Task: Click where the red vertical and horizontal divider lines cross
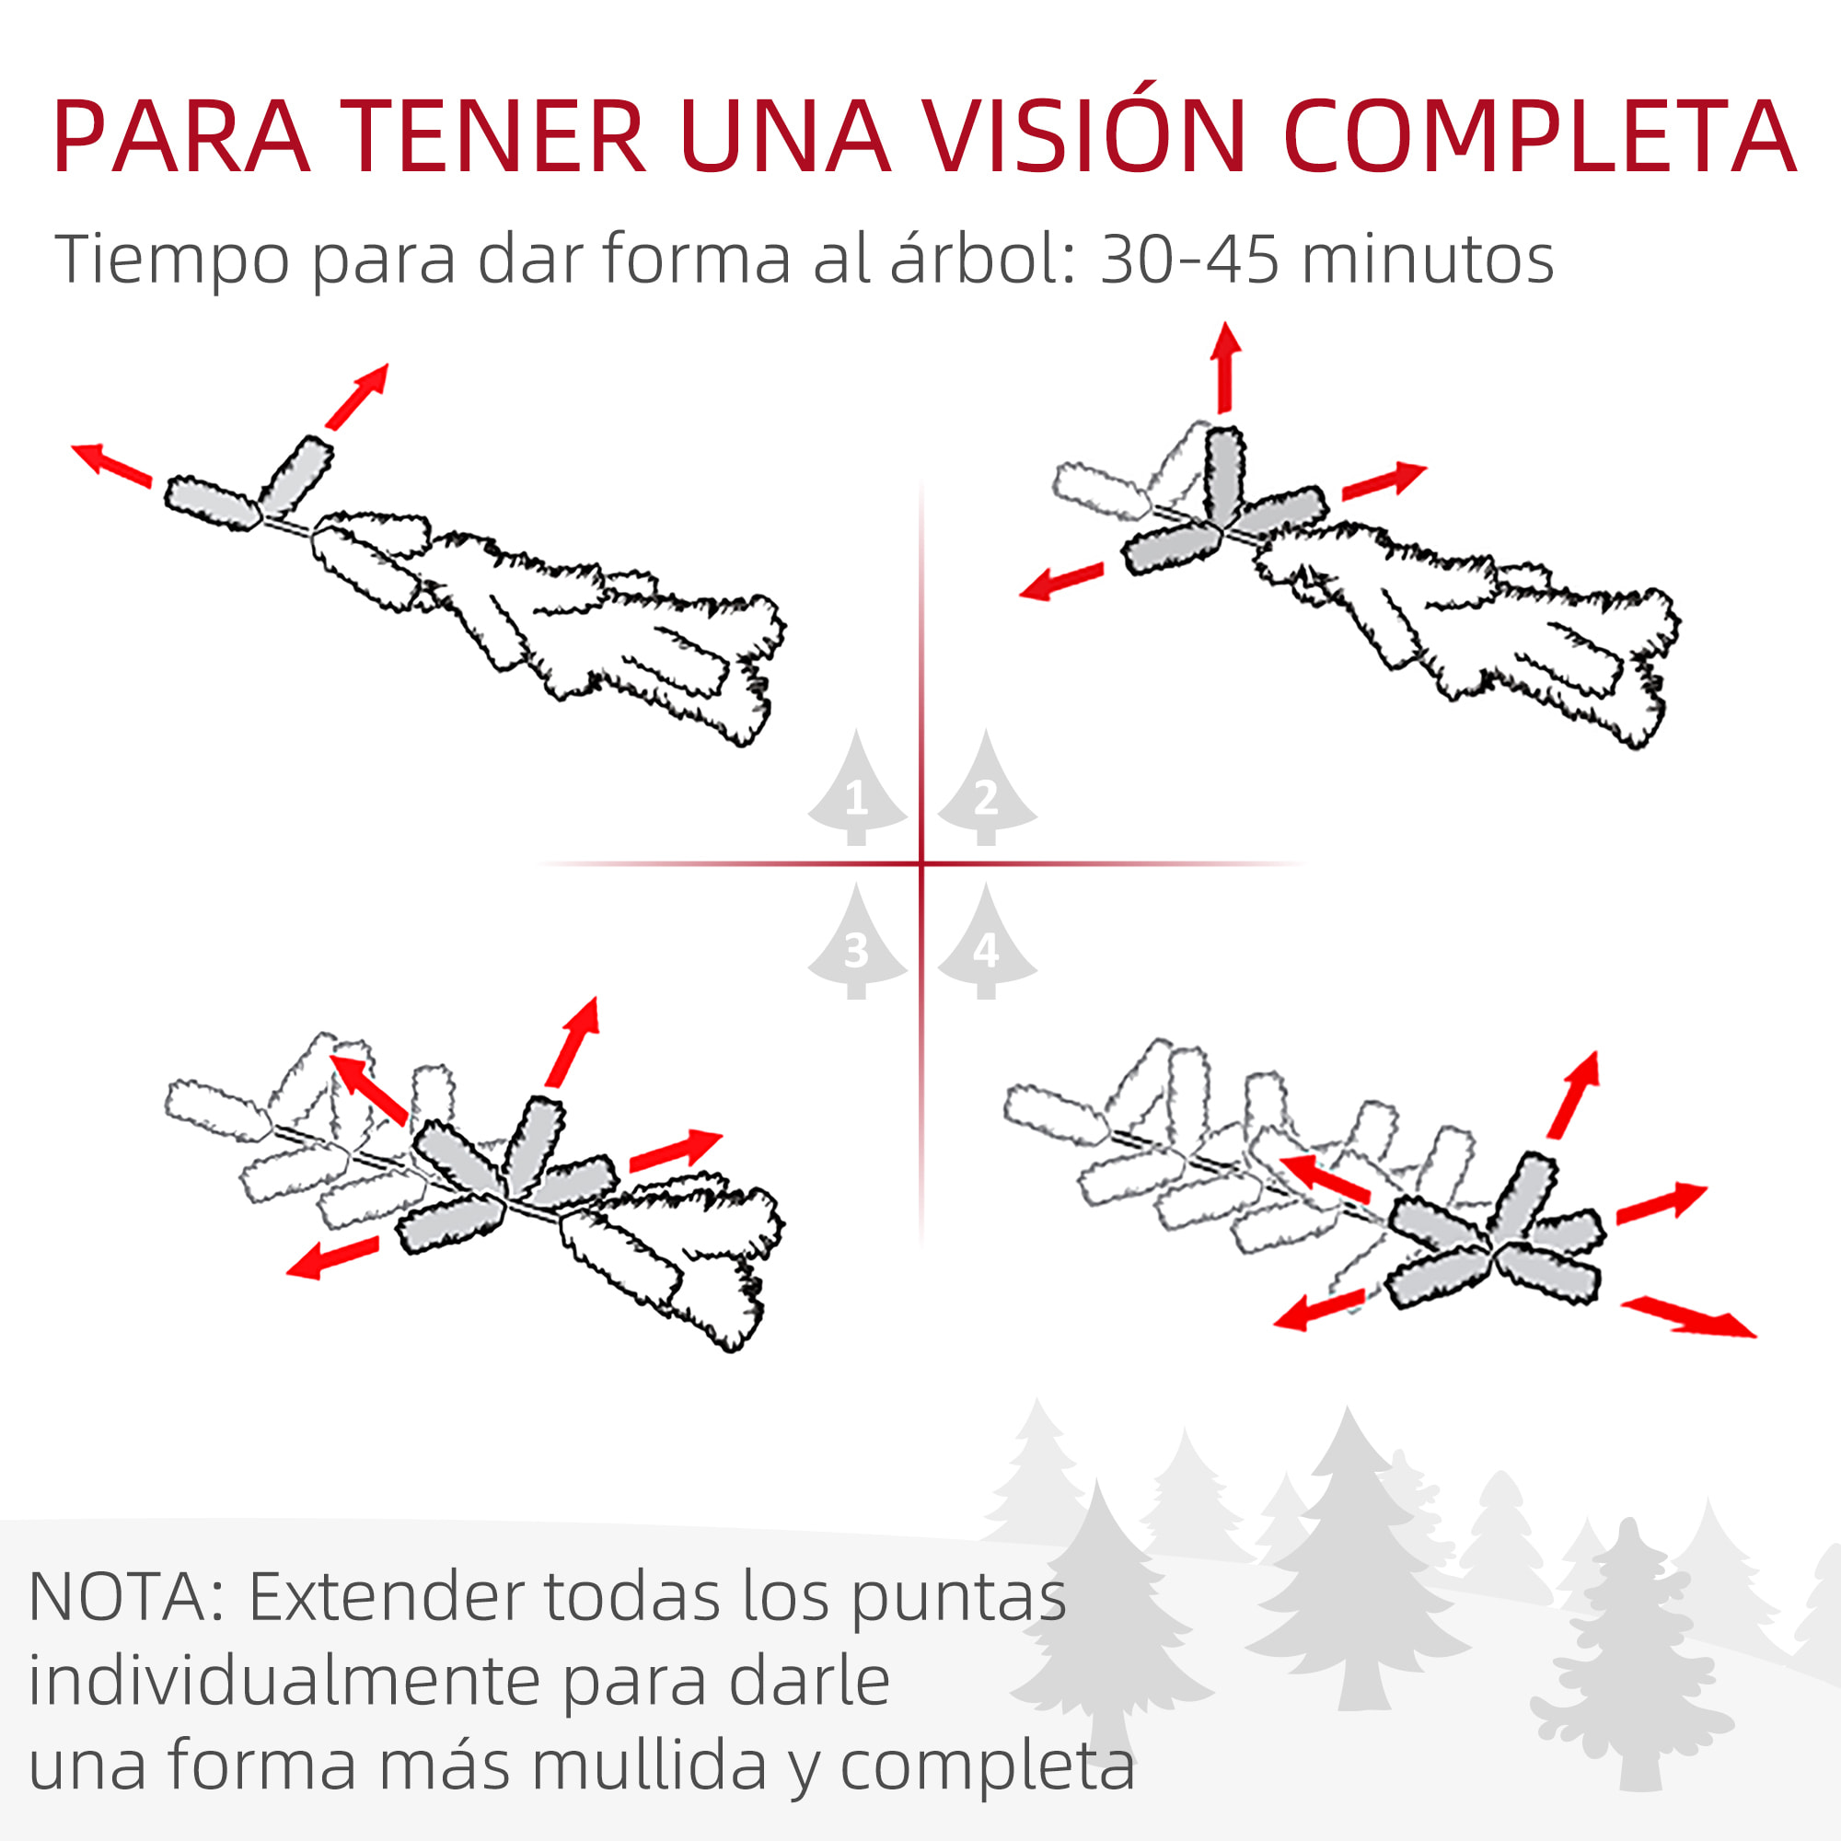pyautogui.click(x=921, y=863)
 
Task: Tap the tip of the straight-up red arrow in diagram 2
pyautogui.click(x=1226, y=322)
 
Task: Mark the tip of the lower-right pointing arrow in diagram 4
pyautogui.click(x=1756, y=1337)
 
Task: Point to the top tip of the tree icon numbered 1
pyautogui.click(x=856, y=729)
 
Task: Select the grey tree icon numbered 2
pyautogui.click(x=986, y=788)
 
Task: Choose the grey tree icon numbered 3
pyautogui.click(x=857, y=942)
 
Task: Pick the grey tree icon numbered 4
pyautogui.click(x=986, y=942)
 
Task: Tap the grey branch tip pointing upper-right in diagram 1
pyautogui.click(x=296, y=477)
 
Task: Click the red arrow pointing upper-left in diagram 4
pyautogui.click(x=1326, y=1179)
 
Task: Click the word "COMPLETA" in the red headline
pyautogui.click(x=1539, y=136)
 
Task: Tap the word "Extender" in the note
pyautogui.click(x=387, y=1596)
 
